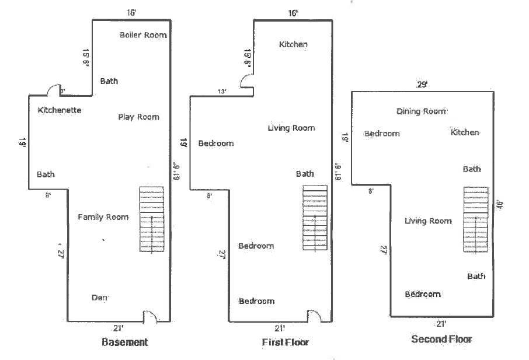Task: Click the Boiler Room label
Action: pos(143,35)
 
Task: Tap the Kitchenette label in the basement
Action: pos(60,110)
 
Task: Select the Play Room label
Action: pos(138,117)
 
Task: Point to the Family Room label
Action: pos(103,218)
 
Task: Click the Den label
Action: pos(100,298)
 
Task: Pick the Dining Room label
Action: pos(421,111)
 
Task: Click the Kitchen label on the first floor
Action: pos(293,44)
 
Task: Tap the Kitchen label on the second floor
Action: pos(465,133)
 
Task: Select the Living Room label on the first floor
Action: pos(291,128)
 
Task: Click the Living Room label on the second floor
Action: pos(428,221)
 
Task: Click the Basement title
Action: pos(124,342)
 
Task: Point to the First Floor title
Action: pos(285,342)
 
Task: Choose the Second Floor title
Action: pos(441,339)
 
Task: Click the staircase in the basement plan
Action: pos(152,219)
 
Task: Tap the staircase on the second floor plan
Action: pos(476,219)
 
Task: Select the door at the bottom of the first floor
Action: pos(314,316)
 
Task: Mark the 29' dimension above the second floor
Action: pos(422,85)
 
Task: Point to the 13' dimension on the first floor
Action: pos(222,92)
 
